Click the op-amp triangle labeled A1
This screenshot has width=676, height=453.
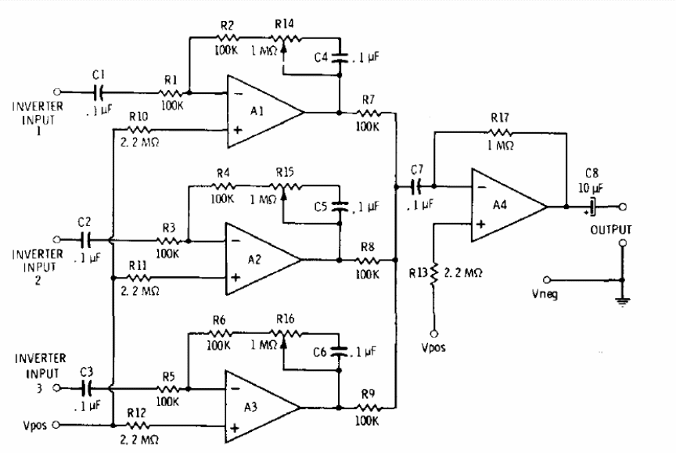click(262, 111)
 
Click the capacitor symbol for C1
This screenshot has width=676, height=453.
click(99, 92)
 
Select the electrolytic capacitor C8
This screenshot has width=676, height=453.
click(592, 207)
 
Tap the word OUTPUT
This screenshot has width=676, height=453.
click(610, 230)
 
